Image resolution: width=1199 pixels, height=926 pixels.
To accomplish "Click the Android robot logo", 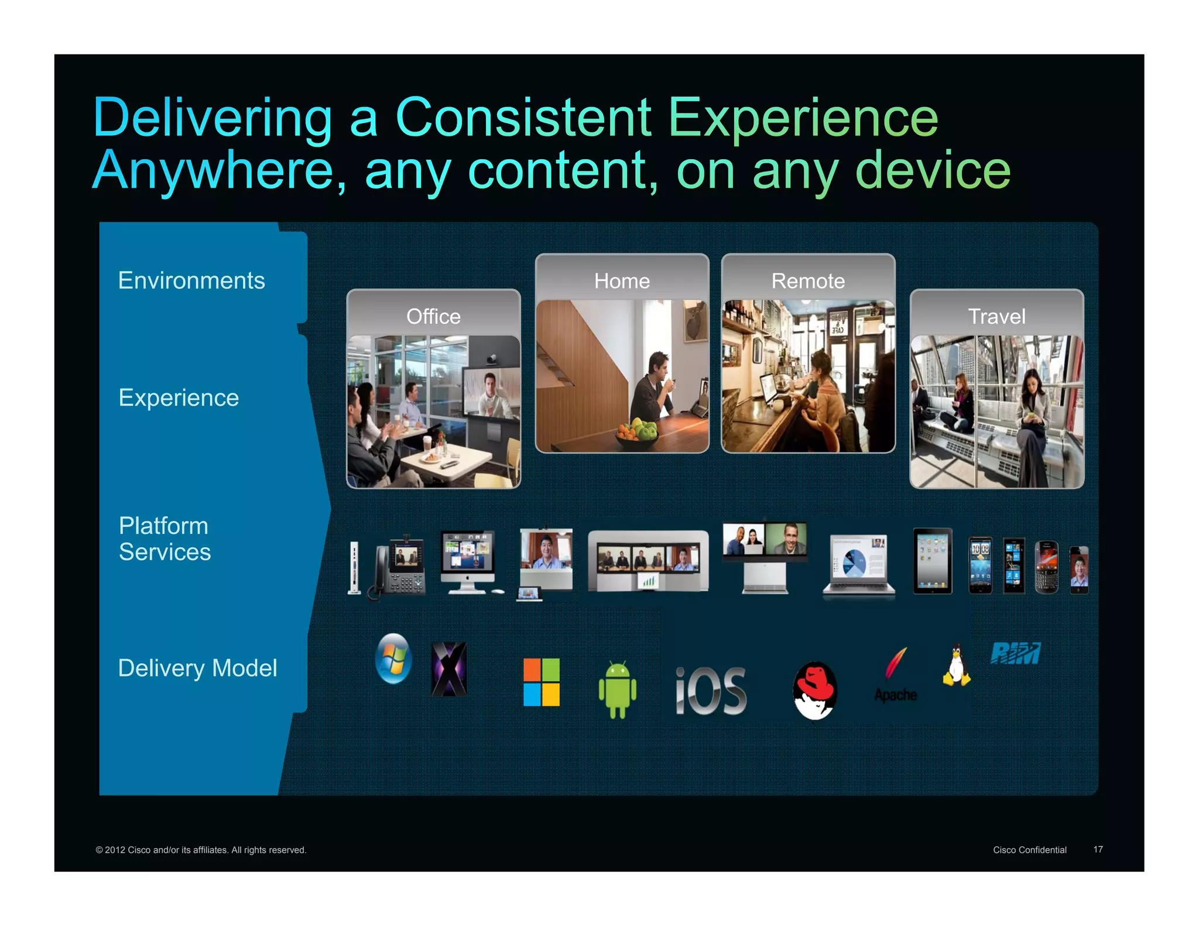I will click(617, 689).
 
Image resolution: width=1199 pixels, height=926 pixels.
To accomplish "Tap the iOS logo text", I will click(711, 691).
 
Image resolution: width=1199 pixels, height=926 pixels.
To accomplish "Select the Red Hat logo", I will click(814, 691).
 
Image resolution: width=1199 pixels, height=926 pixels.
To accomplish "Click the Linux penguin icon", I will click(956, 665).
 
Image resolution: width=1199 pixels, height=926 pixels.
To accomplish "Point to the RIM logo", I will click(1015, 653).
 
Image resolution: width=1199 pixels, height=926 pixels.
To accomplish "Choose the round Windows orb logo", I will click(393, 659).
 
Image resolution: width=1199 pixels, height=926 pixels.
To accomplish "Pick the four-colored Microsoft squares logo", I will click(541, 682).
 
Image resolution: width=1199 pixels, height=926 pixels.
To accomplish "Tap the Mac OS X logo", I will click(449, 669).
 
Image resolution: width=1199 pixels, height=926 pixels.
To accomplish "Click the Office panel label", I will click(433, 317).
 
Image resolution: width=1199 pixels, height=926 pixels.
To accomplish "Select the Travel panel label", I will click(996, 317).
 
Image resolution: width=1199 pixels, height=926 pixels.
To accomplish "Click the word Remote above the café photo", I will click(808, 281).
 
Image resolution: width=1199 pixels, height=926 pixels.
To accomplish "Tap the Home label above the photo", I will click(622, 281).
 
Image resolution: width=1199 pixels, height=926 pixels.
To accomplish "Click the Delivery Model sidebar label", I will click(197, 668).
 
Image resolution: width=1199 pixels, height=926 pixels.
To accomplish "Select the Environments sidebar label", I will click(191, 280).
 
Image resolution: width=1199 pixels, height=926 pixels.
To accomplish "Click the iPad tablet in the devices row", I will click(933, 561).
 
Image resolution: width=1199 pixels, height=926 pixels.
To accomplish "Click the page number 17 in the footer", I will click(1098, 849).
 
